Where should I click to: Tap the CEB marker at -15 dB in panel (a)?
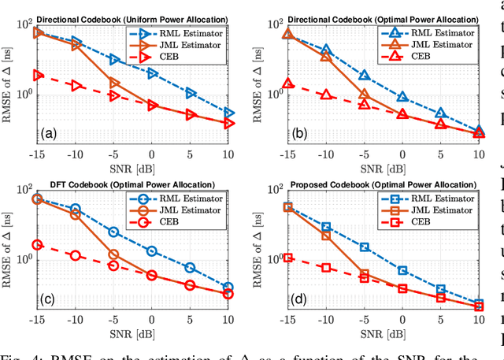pos(37,75)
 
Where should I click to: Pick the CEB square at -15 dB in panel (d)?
pos(287,258)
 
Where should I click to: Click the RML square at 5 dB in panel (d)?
pos(440,289)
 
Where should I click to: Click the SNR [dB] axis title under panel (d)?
pos(382,328)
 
